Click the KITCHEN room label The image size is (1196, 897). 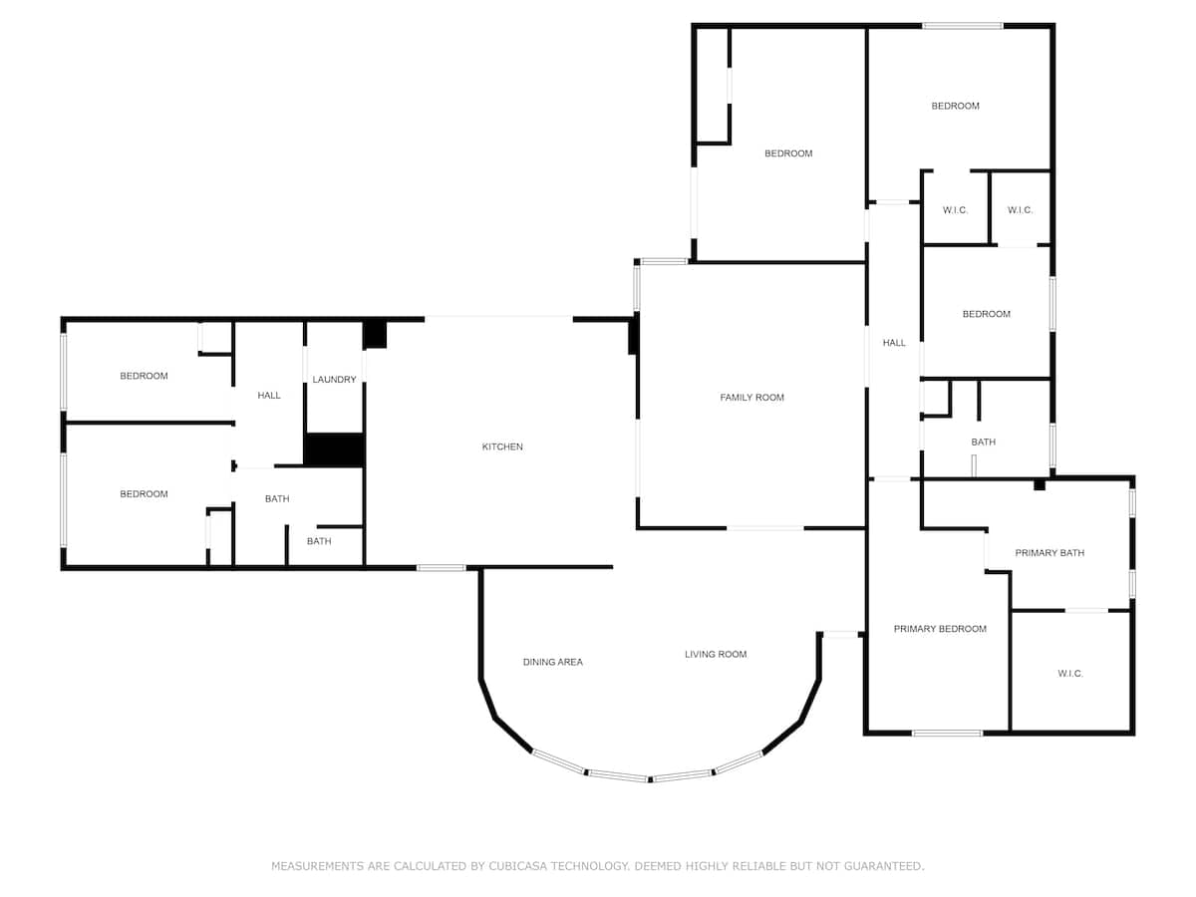pos(502,447)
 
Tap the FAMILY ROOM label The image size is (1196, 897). pos(751,398)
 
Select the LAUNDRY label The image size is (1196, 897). pos(334,380)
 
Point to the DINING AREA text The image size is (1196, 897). pos(553,662)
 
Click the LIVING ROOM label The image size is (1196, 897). pos(716,654)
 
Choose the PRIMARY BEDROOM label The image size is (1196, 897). pos(940,629)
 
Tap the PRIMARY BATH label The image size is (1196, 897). pos(1049,553)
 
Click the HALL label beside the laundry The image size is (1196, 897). pos(269,396)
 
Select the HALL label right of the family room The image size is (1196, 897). pos(894,343)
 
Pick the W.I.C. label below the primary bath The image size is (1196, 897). pos(1070,674)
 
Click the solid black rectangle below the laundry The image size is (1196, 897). pos(333,449)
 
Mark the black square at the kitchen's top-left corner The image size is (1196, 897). pos(375,334)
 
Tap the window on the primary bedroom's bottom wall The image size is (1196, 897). pos(947,734)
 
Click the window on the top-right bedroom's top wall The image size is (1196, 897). pos(962,26)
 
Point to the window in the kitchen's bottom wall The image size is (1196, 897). pos(441,568)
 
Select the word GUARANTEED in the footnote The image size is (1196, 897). pos(883,866)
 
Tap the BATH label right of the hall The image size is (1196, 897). pos(984,443)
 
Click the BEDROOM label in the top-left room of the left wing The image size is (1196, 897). pos(144,376)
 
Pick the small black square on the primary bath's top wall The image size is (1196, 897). pos(1039,485)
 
